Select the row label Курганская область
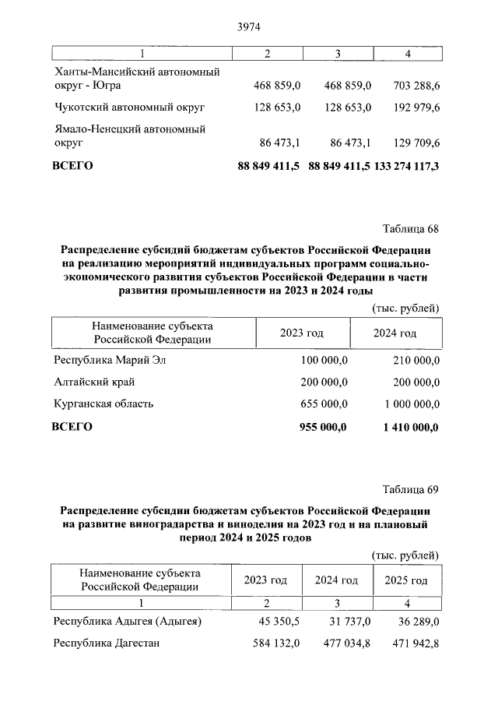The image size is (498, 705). point(103,404)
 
